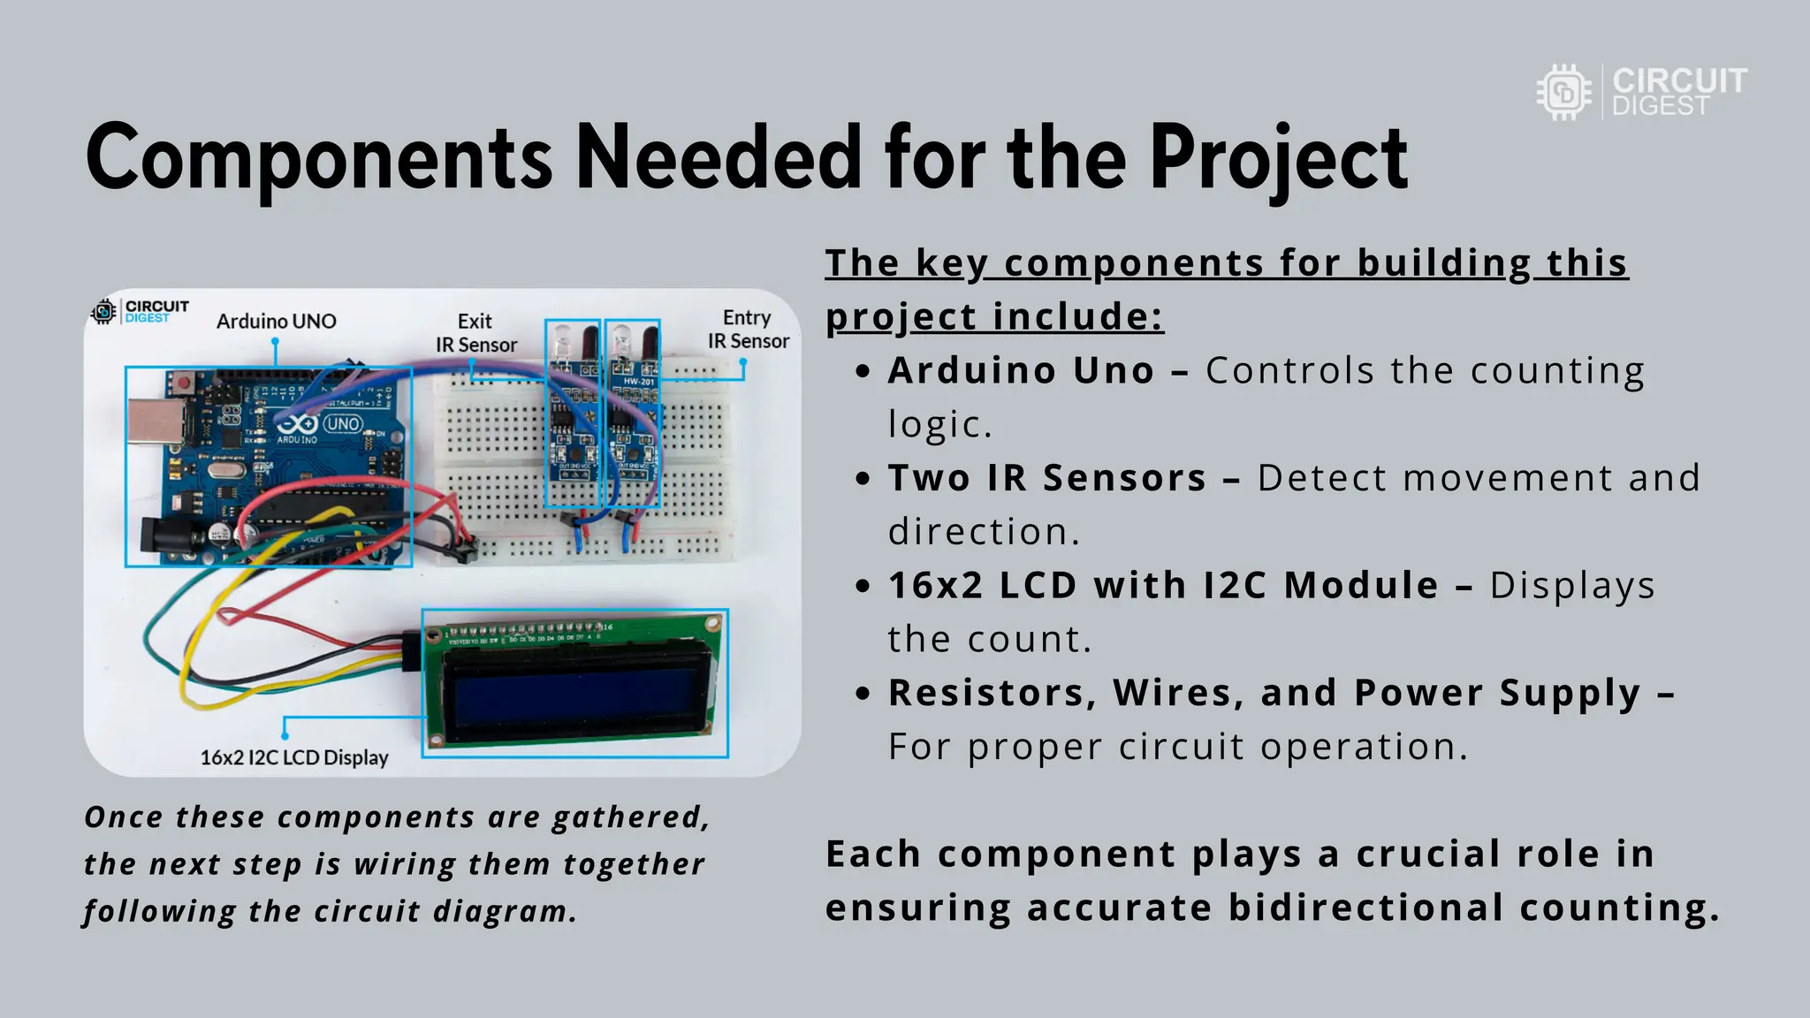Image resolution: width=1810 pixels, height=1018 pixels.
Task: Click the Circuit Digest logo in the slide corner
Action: (1640, 92)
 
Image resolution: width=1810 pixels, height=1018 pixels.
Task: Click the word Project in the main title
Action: (1278, 159)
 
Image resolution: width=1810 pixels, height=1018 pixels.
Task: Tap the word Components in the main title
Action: (319, 159)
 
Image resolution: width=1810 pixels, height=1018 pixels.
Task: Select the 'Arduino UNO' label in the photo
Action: (276, 322)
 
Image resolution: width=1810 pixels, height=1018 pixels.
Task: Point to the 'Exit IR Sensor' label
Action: (475, 333)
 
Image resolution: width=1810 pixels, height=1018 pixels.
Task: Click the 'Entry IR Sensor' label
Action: (748, 330)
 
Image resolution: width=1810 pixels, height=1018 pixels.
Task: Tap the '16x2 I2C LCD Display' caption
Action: (294, 757)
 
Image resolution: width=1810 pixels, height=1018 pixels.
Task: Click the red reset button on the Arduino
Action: (185, 384)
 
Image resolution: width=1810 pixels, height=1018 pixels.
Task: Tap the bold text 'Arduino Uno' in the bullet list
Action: (1021, 371)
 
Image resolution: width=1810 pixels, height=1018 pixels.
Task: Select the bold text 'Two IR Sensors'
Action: (1047, 478)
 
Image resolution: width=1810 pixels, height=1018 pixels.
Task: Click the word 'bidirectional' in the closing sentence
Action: (1365, 908)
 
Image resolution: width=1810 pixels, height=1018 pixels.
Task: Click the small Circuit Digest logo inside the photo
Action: (140, 311)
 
